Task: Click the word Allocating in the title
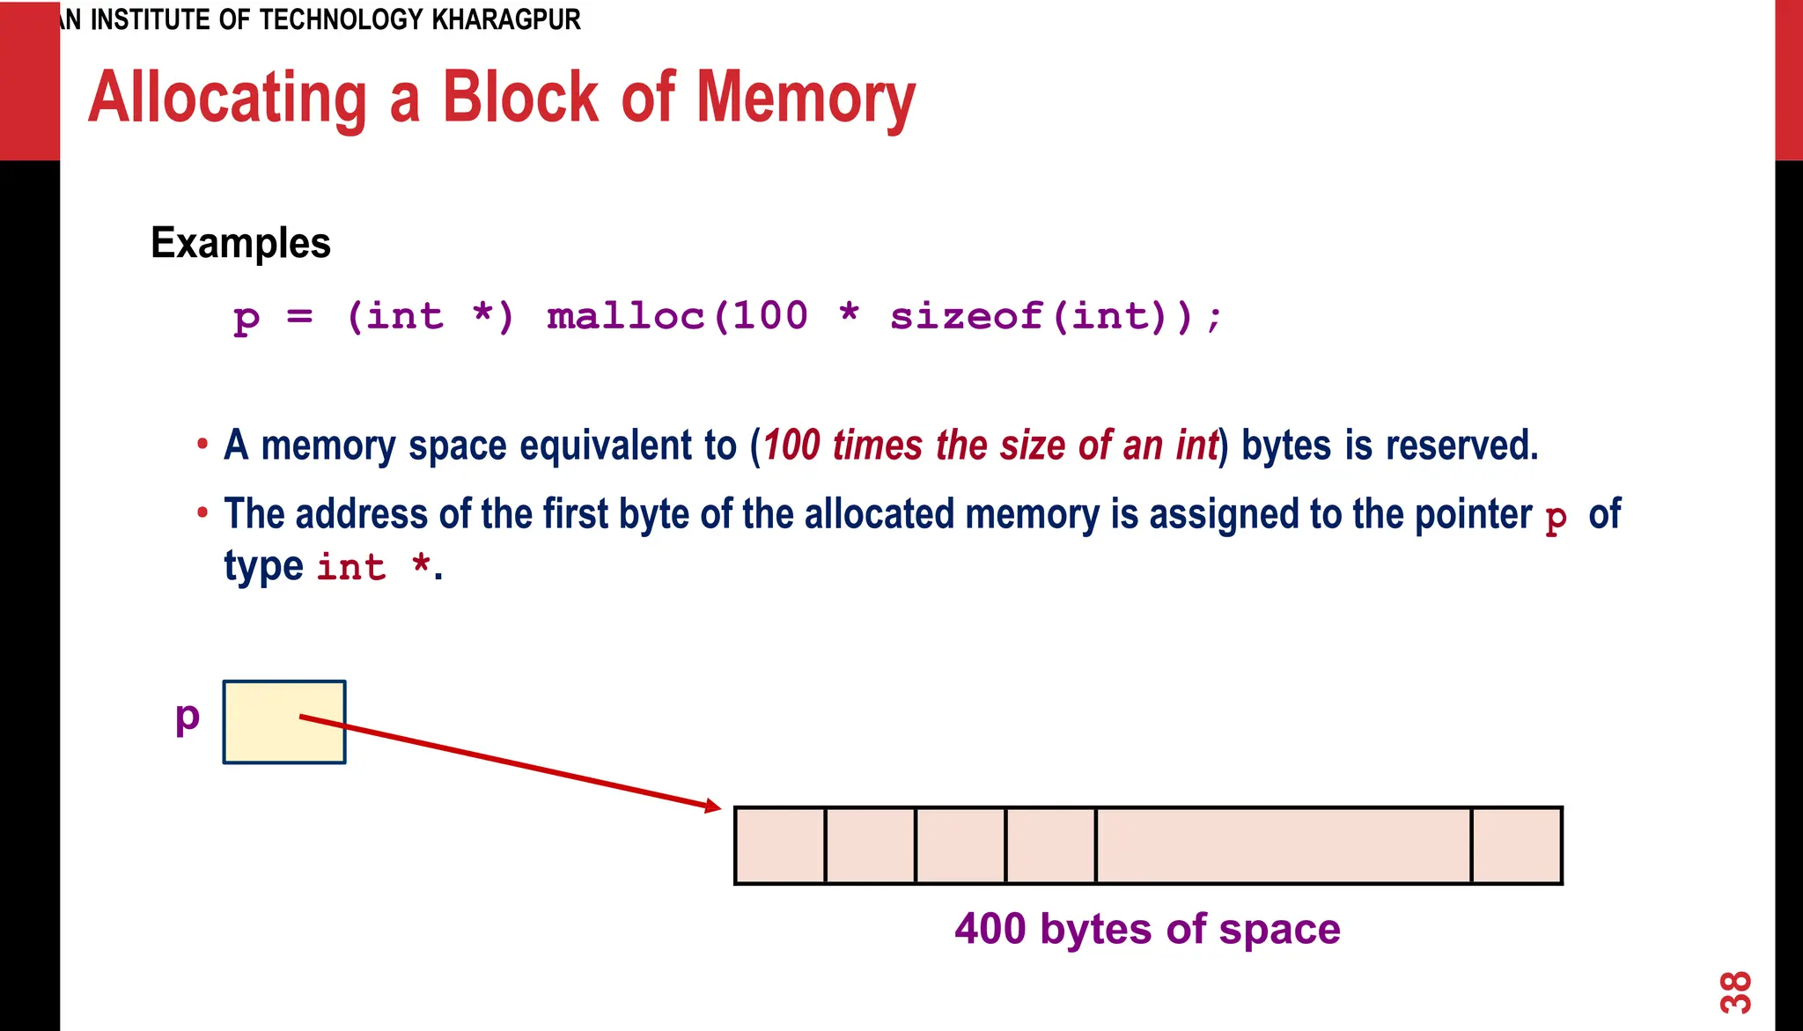pyautogui.click(x=227, y=99)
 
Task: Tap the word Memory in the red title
pyautogui.click(x=806, y=99)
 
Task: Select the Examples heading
pyautogui.click(x=240, y=243)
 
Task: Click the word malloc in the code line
pyautogui.click(x=626, y=316)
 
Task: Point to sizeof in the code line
pyautogui.click(x=966, y=316)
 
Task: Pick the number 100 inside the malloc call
pyautogui.click(x=769, y=316)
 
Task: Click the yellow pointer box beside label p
pyautogui.click(x=283, y=722)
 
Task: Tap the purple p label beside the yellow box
pyautogui.click(x=188, y=718)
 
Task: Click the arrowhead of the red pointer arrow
pyautogui.click(x=712, y=806)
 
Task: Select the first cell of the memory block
pyautogui.click(x=780, y=845)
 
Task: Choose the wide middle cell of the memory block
pyautogui.click(x=1283, y=845)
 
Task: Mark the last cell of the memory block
pyautogui.click(x=1516, y=845)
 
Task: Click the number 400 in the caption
pyautogui.click(x=990, y=929)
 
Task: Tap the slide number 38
pyautogui.click(x=1735, y=992)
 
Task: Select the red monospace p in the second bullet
pyautogui.click(x=1556, y=518)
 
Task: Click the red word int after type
pyautogui.click(x=351, y=567)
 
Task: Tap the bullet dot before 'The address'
pyautogui.click(x=202, y=512)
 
